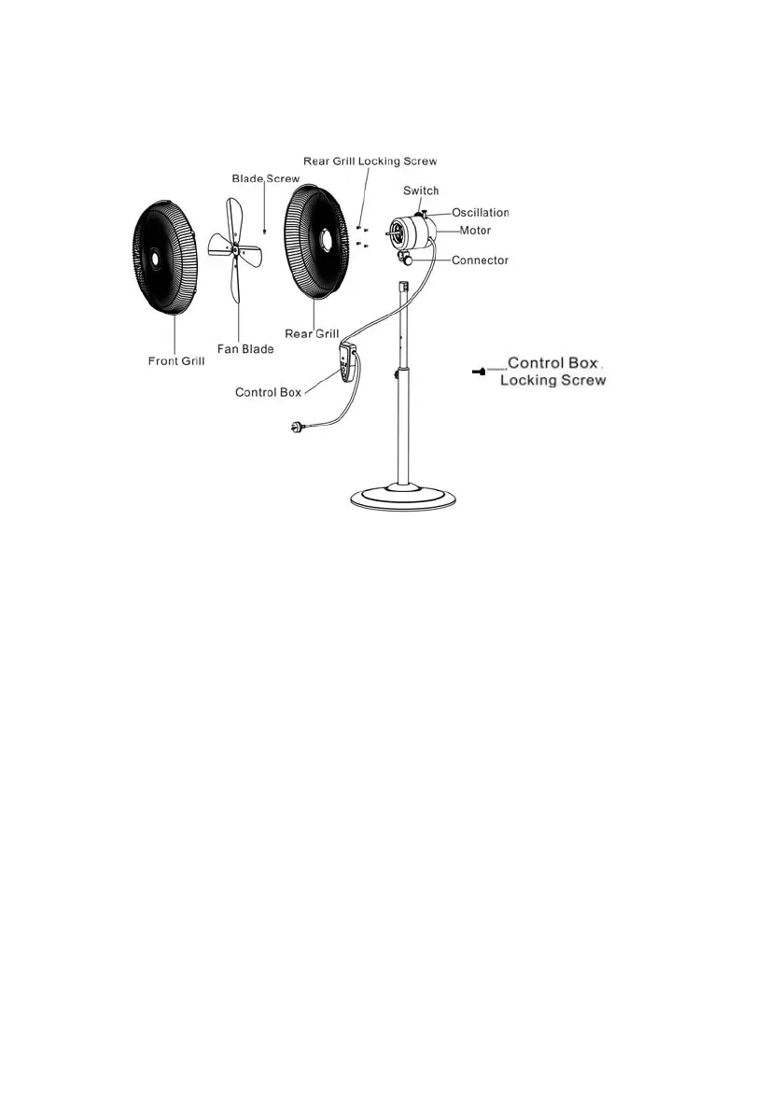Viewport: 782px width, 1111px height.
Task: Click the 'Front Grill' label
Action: (176, 360)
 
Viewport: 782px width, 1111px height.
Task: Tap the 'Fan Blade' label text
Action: (245, 348)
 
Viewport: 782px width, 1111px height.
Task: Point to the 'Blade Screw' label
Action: (266, 178)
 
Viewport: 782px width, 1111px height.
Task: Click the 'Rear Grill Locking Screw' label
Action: (370, 162)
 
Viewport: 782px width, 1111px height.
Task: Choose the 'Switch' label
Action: (421, 190)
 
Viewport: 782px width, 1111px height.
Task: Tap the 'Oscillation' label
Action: (481, 213)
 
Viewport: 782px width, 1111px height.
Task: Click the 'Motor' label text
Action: (475, 230)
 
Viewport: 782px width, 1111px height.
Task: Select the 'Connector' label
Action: (480, 260)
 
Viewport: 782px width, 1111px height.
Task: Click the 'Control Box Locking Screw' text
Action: (553, 371)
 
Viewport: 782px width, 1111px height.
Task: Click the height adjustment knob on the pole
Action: (396, 375)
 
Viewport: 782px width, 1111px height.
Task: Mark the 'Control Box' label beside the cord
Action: (268, 392)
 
